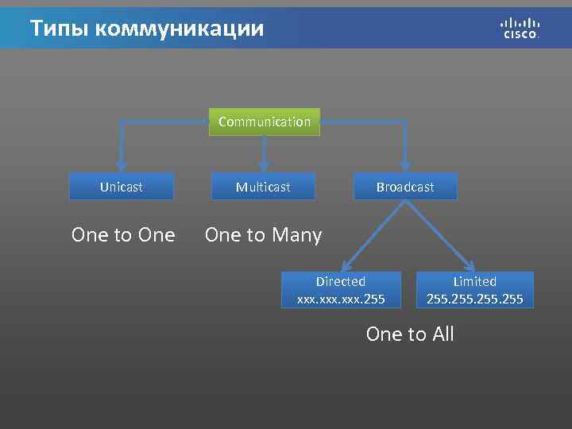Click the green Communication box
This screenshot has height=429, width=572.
click(x=265, y=122)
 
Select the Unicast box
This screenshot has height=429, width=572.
click(x=122, y=187)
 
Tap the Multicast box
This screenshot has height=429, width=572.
click(x=263, y=187)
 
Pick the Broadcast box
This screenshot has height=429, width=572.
click(x=405, y=187)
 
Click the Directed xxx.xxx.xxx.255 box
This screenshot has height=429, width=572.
click(x=341, y=290)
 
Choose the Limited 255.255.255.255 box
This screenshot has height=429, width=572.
click(x=474, y=290)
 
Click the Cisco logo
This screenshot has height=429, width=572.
click(x=520, y=28)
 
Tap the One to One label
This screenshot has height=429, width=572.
click(x=123, y=235)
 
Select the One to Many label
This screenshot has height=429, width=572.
click(x=263, y=235)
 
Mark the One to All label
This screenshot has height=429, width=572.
click(x=410, y=334)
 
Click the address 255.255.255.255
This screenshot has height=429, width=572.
click(x=474, y=299)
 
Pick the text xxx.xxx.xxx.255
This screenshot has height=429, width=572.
click(x=341, y=299)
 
